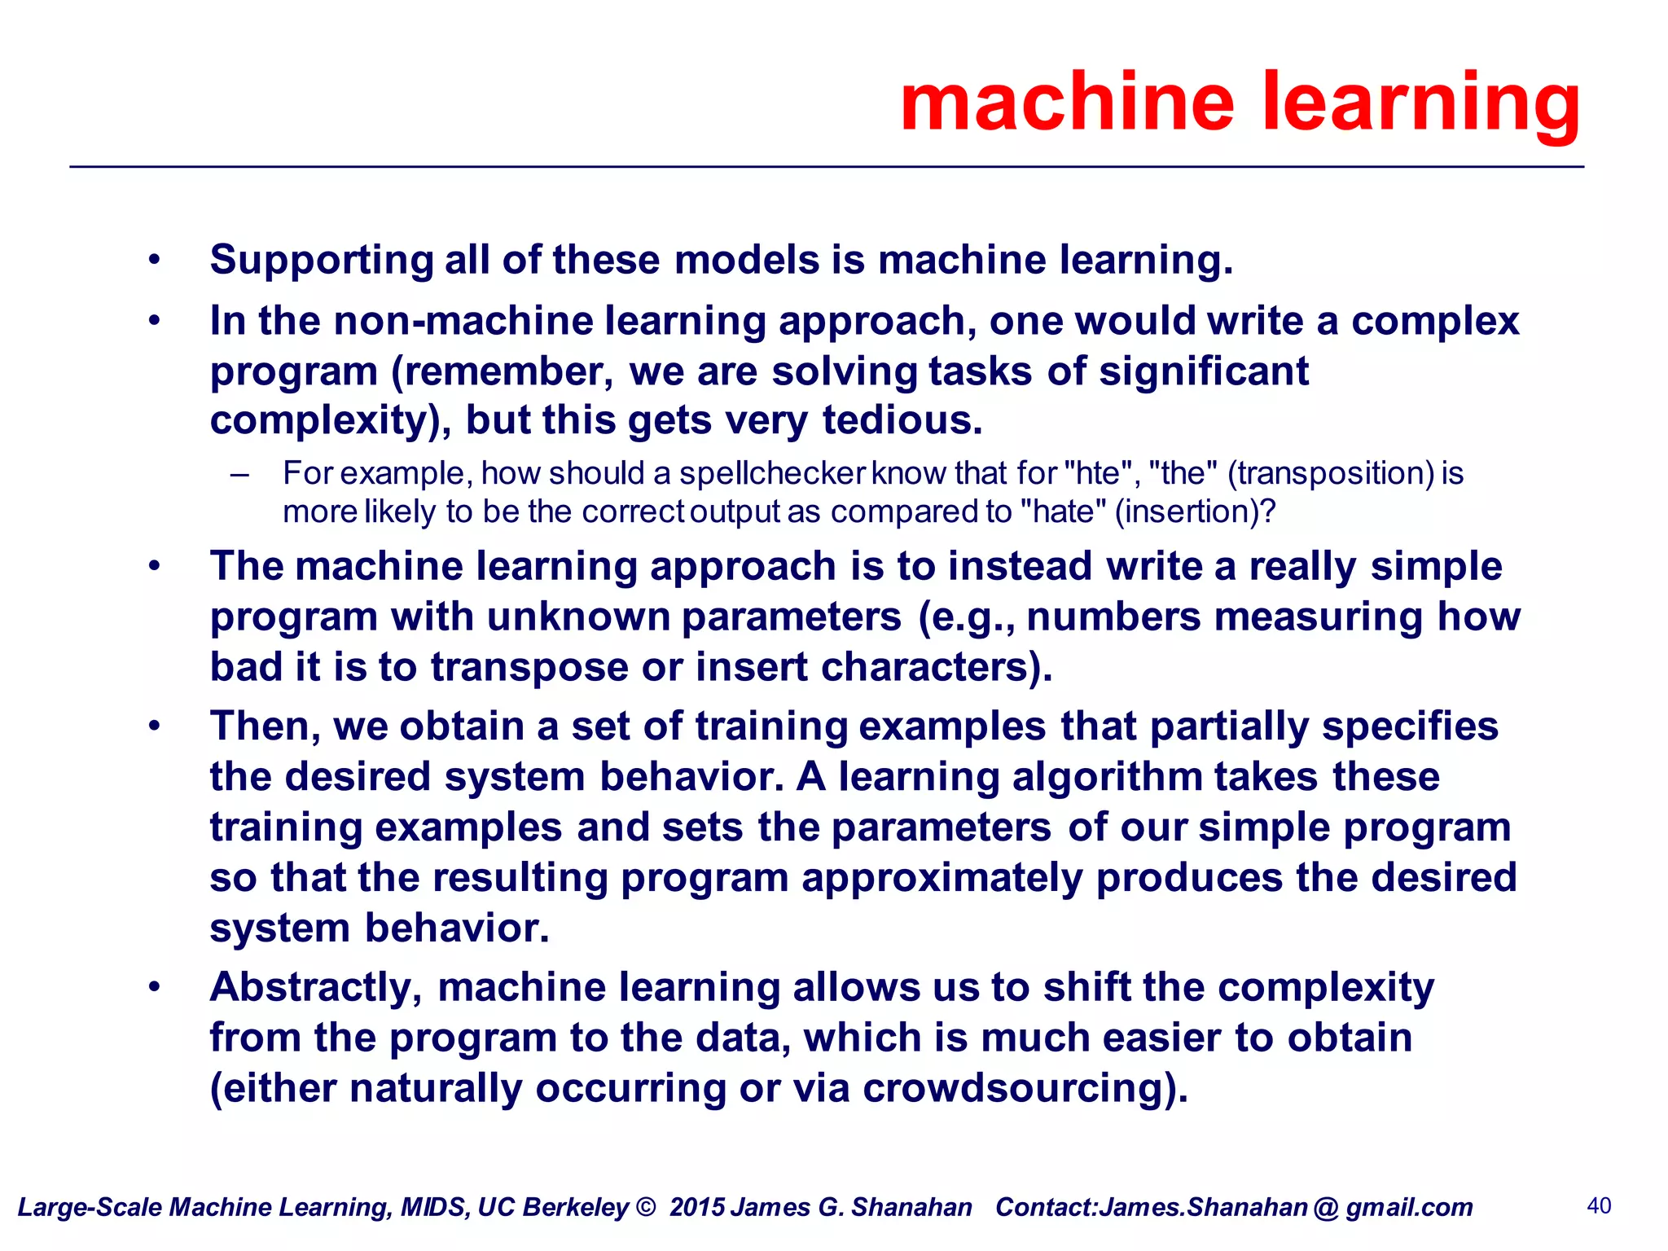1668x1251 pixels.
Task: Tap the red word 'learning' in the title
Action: pyautogui.click(x=1420, y=103)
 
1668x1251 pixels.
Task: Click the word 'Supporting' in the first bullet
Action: pyautogui.click(x=321, y=261)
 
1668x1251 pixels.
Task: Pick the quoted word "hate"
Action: pyautogui.click(x=1063, y=511)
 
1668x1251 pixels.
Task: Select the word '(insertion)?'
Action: pyautogui.click(x=1195, y=511)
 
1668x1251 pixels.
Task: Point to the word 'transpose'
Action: pyautogui.click(x=529, y=667)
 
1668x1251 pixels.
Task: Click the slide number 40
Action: pyautogui.click(x=1599, y=1205)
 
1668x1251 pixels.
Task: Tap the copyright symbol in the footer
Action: pyautogui.click(x=646, y=1206)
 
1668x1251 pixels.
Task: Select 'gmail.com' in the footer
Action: pyautogui.click(x=1409, y=1207)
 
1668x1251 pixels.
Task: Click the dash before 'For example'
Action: pyautogui.click(x=239, y=474)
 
